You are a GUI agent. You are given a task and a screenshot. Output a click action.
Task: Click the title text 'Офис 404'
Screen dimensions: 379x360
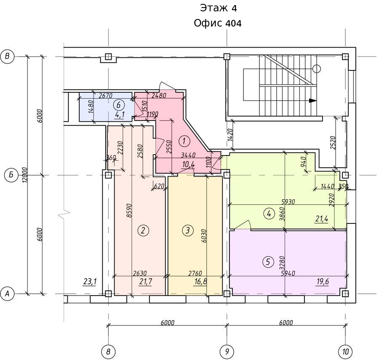[x=218, y=23]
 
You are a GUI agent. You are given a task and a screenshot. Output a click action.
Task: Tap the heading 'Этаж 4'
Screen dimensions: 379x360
[x=218, y=8]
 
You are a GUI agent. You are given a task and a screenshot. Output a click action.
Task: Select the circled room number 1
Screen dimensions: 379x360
[x=184, y=141]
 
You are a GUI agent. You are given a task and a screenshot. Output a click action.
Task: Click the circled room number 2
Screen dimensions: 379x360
[x=143, y=230]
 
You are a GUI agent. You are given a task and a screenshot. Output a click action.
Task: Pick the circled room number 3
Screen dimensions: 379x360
[x=188, y=230]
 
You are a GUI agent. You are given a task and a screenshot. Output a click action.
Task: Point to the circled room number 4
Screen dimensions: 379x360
[x=269, y=214]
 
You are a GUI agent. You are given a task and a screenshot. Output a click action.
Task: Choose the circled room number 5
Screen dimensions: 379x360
[x=268, y=262]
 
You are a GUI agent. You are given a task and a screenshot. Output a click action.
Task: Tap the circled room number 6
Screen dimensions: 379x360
[x=119, y=105]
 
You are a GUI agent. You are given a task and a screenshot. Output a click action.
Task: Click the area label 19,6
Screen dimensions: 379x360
[x=323, y=282]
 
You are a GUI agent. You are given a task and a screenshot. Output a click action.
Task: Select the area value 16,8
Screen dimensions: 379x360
[x=200, y=282]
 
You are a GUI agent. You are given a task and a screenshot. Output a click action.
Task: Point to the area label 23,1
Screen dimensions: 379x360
[x=90, y=282]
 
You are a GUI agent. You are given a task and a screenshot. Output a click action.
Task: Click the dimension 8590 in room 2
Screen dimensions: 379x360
[x=129, y=210]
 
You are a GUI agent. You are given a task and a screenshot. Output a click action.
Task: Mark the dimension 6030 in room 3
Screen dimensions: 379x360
[x=204, y=236]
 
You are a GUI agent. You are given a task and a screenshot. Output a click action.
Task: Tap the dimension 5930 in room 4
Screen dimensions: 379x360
[x=288, y=201]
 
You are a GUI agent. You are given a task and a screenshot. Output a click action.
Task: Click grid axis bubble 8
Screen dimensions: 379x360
[x=108, y=351]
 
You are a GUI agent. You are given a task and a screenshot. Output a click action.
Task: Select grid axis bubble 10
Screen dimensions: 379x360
[x=345, y=351]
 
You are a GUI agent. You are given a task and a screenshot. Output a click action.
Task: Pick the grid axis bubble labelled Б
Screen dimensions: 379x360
[x=11, y=175]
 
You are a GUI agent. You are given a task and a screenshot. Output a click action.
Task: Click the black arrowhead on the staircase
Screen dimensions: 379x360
[x=313, y=101]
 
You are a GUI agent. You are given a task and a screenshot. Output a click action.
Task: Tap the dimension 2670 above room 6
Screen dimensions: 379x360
[x=106, y=96]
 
